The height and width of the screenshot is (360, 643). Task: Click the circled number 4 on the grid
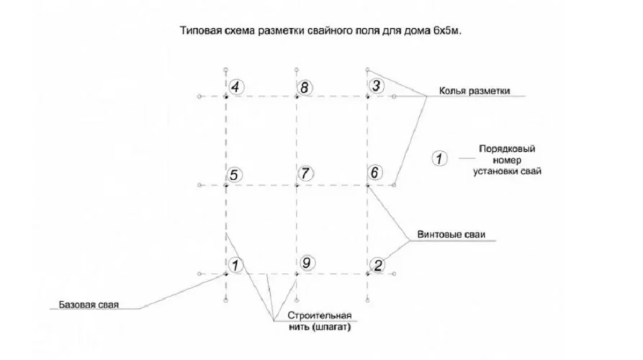tap(235, 87)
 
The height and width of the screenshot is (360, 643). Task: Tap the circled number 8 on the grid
tap(305, 88)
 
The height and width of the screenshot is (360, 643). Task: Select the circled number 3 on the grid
tap(376, 86)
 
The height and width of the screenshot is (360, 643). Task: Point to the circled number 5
tap(234, 175)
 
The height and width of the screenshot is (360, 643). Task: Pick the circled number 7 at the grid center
tap(305, 174)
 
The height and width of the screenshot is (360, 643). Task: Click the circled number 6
tap(375, 173)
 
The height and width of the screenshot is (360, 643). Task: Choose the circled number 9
tap(307, 263)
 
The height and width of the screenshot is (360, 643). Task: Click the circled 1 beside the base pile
tap(235, 265)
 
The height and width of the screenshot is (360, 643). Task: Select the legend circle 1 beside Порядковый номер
tap(440, 158)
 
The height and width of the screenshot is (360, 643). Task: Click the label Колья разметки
tap(475, 91)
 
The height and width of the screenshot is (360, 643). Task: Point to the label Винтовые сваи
tap(451, 235)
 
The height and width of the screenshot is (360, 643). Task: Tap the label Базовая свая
tap(89, 305)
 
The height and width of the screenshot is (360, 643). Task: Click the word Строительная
tap(320, 315)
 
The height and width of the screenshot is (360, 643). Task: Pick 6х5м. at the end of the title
tap(447, 31)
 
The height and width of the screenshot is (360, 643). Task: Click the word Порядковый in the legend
tap(507, 148)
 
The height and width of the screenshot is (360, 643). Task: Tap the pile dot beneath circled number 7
tap(297, 185)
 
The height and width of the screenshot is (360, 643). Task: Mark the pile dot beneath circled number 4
tap(225, 96)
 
